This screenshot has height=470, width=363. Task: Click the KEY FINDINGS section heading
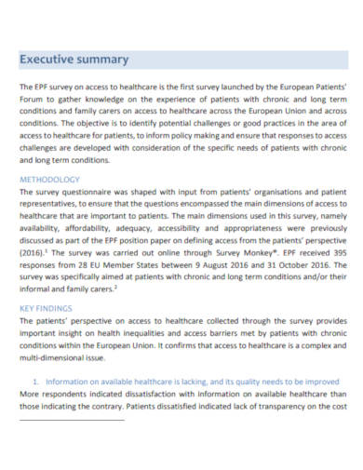47,304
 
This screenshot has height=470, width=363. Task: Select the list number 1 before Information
35,381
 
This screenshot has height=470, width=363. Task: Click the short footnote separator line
72,420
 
